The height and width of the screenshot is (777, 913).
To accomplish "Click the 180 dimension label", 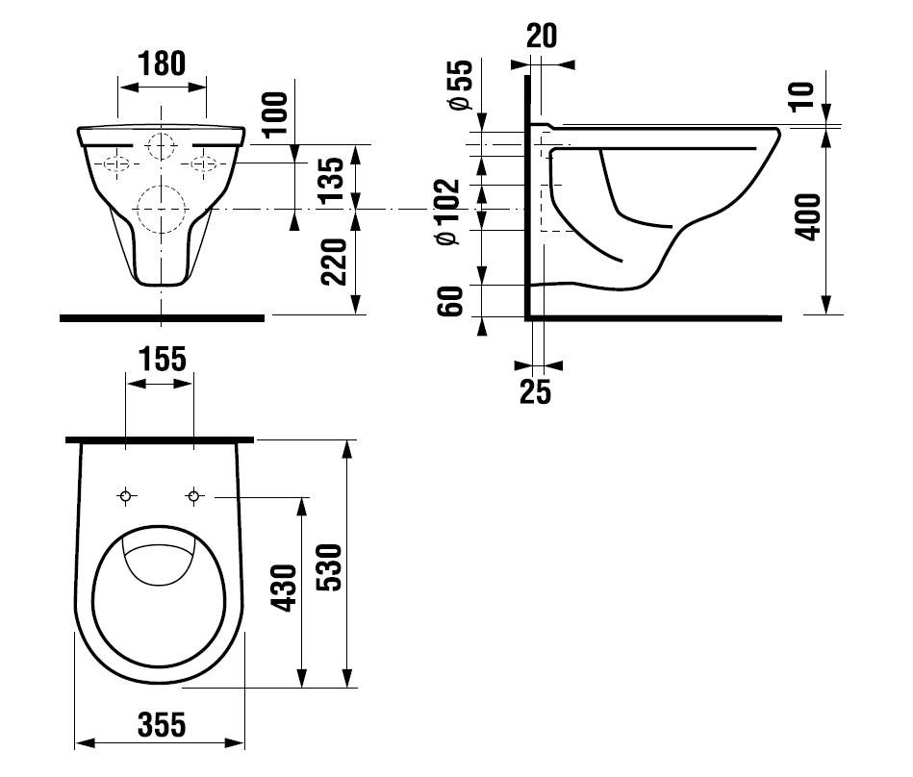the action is [162, 63].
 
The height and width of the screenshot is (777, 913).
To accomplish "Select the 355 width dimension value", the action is [162, 725].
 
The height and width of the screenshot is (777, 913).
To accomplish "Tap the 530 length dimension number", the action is [331, 567].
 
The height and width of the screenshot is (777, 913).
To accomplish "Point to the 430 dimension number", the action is [286, 588].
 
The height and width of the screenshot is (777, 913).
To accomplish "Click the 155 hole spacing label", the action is [163, 359].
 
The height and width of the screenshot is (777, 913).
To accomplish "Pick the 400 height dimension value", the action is [808, 216].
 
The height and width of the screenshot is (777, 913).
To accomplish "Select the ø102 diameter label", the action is [448, 212].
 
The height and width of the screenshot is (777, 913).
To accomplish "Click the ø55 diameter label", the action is [461, 85].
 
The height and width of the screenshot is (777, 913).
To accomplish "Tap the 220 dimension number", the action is [335, 262].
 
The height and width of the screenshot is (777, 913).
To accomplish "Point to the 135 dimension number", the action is [334, 179].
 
